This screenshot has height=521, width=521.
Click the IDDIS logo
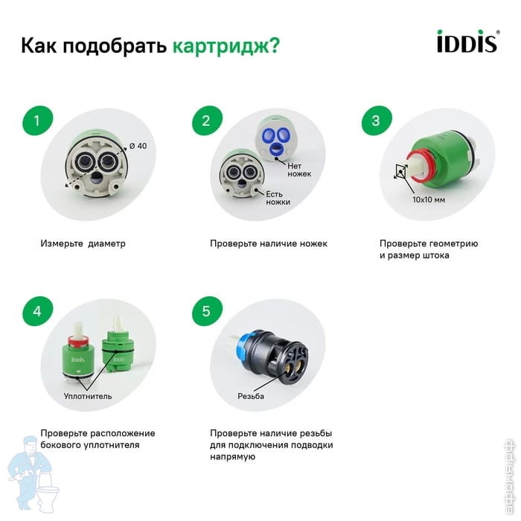click(468, 41)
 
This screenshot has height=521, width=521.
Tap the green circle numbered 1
click(37, 121)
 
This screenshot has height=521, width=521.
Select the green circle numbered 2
click(207, 121)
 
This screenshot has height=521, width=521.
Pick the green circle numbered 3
click(377, 121)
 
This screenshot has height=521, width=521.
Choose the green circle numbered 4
click(37, 311)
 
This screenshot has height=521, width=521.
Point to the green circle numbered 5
click(207, 311)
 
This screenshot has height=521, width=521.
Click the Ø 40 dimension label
click(138, 146)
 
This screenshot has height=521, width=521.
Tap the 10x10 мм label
click(429, 199)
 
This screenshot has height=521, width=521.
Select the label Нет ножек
click(299, 170)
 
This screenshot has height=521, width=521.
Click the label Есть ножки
click(278, 198)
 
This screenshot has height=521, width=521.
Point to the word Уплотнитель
click(88, 396)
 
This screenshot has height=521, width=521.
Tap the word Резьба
click(251, 396)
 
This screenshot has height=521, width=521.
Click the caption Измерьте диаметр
click(83, 243)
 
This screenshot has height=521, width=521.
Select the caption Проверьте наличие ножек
click(269, 243)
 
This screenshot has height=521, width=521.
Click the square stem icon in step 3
click(401, 171)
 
